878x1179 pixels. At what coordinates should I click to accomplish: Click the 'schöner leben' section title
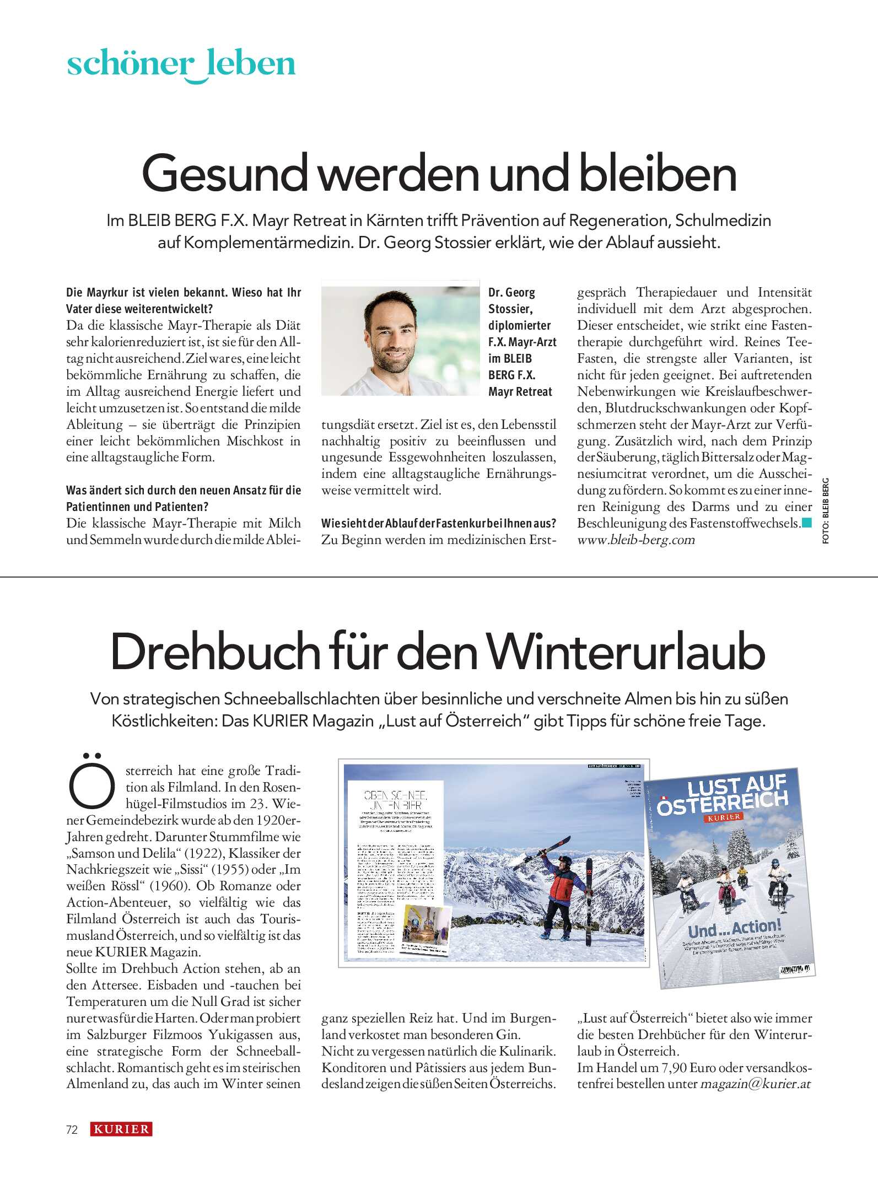click(x=181, y=64)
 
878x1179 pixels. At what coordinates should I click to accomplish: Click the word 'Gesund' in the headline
click(x=224, y=174)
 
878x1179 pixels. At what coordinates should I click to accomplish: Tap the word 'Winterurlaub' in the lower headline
click(x=626, y=653)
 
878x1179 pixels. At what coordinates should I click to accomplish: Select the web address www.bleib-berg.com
click(x=635, y=540)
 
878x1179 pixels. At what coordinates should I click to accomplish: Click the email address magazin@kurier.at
click(x=755, y=1084)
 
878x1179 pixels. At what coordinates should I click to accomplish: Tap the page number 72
click(x=72, y=1130)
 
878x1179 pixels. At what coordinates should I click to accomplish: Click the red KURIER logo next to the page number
click(x=121, y=1129)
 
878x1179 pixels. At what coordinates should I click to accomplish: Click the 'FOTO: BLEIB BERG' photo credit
click(x=825, y=511)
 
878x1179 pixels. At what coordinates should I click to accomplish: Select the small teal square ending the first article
click(x=807, y=523)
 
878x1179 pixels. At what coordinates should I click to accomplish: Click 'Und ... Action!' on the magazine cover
click(x=734, y=929)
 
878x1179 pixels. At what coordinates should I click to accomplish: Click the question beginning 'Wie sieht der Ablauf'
click(x=439, y=523)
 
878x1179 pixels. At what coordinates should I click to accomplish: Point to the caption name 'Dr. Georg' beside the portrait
click(x=511, y=293)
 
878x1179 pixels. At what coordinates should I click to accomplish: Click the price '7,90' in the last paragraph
click(x=674, y=1068)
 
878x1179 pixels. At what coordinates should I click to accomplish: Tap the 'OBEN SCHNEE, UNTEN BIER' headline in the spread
click(x=395, y=800)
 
